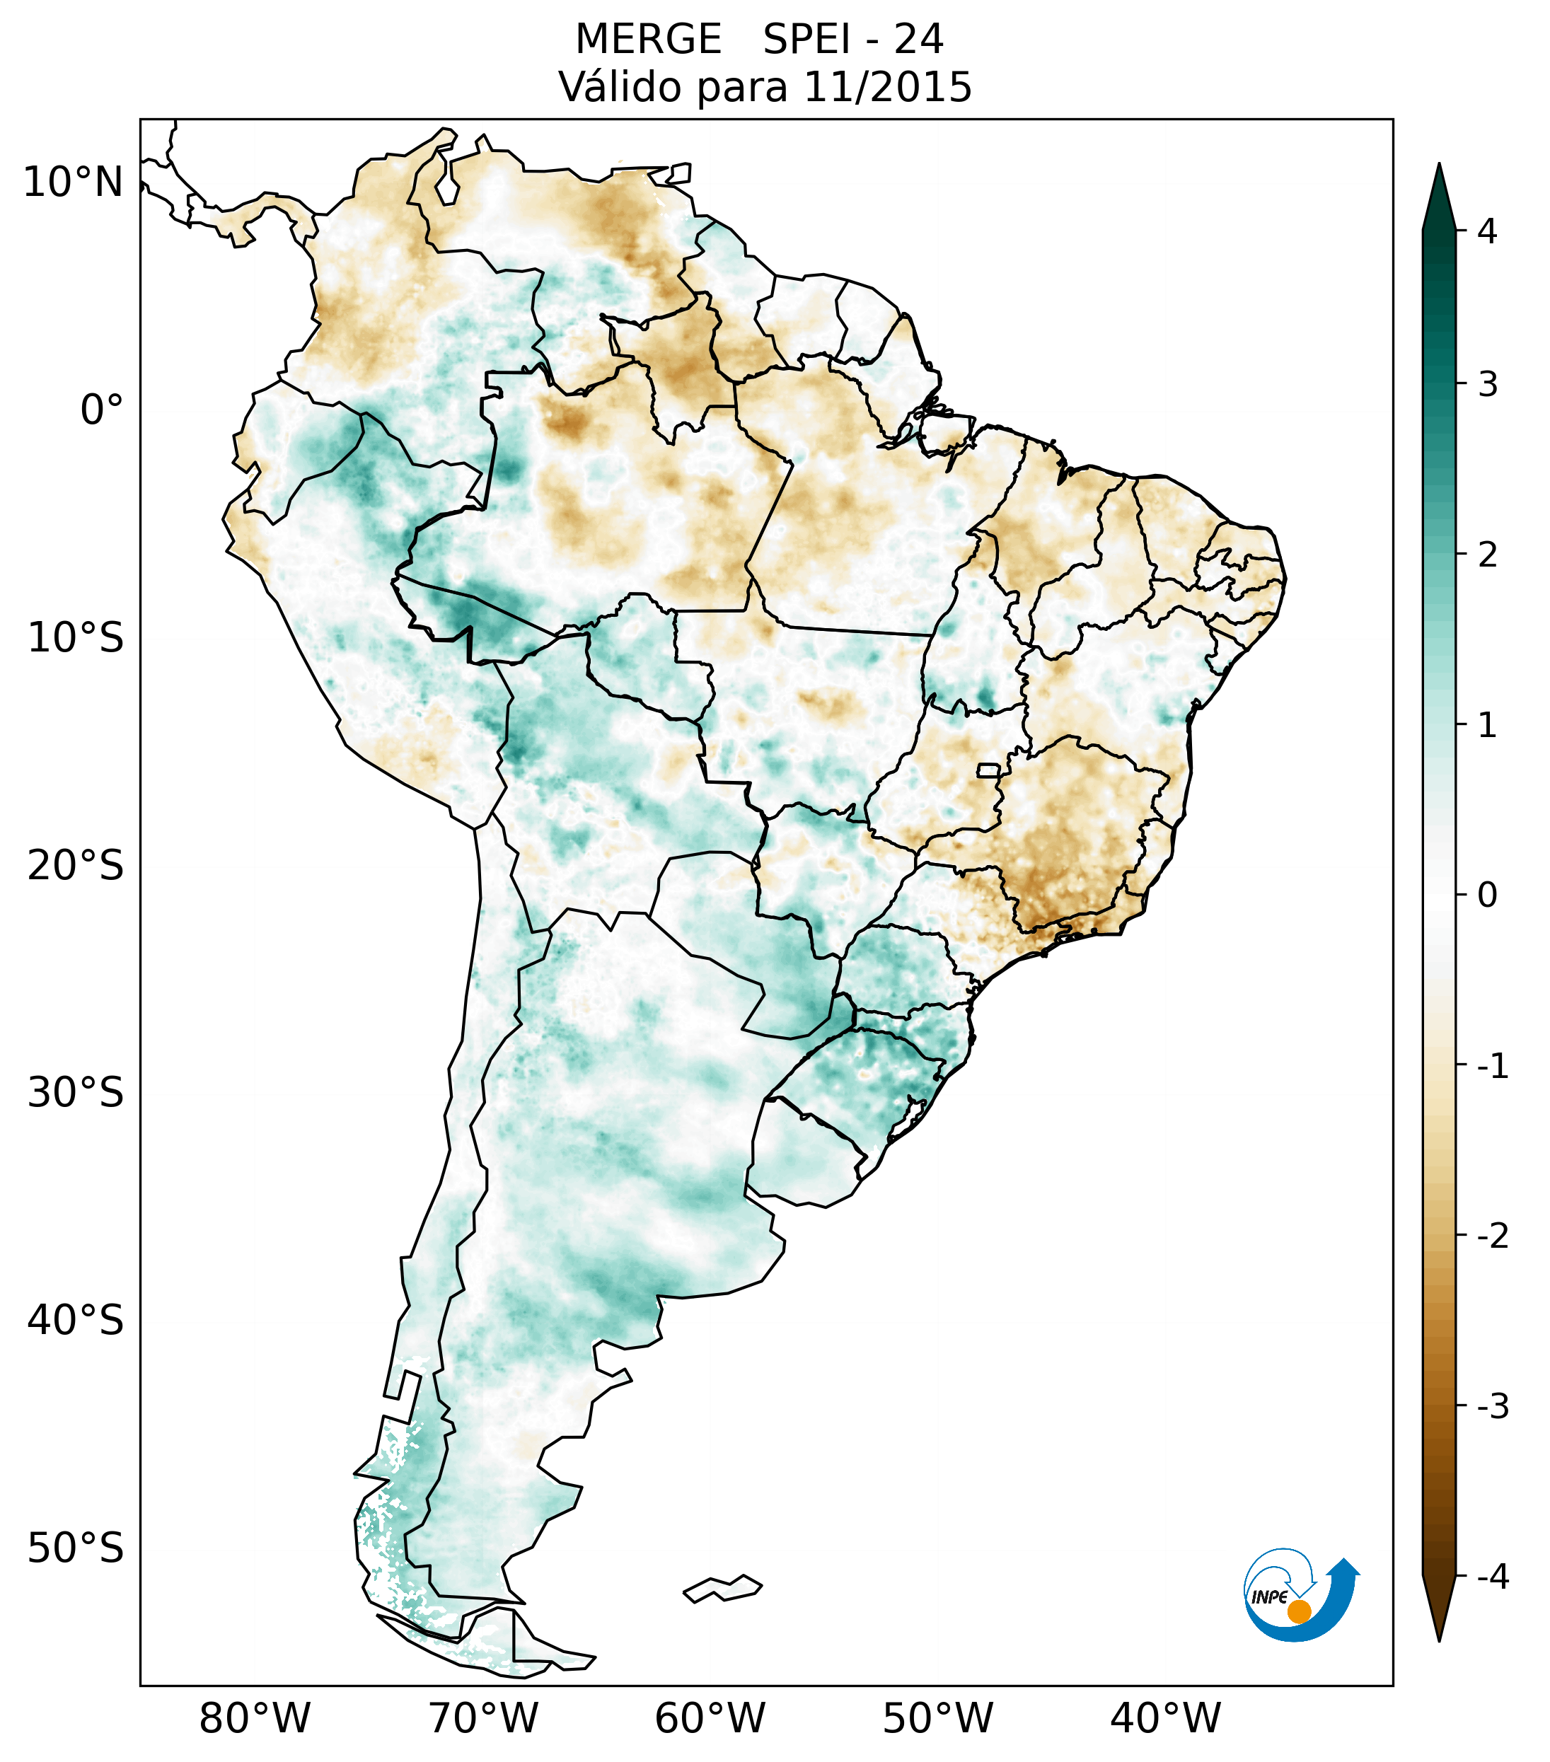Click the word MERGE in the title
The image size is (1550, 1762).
648,40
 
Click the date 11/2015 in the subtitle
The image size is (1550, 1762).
887,87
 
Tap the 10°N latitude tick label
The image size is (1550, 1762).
72,182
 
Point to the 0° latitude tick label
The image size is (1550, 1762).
101,410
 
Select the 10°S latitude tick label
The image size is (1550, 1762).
76,639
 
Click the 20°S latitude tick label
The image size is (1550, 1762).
76,866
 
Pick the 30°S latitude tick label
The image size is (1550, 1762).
76,1093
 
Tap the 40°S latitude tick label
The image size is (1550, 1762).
76,1321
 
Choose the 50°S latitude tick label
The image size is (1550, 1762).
76,1548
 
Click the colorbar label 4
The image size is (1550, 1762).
1487,231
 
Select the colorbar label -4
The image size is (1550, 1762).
1492,1577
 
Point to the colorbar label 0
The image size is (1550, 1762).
1487,896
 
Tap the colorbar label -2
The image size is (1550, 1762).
1492,1236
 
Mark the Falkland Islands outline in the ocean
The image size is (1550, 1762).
722,1588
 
